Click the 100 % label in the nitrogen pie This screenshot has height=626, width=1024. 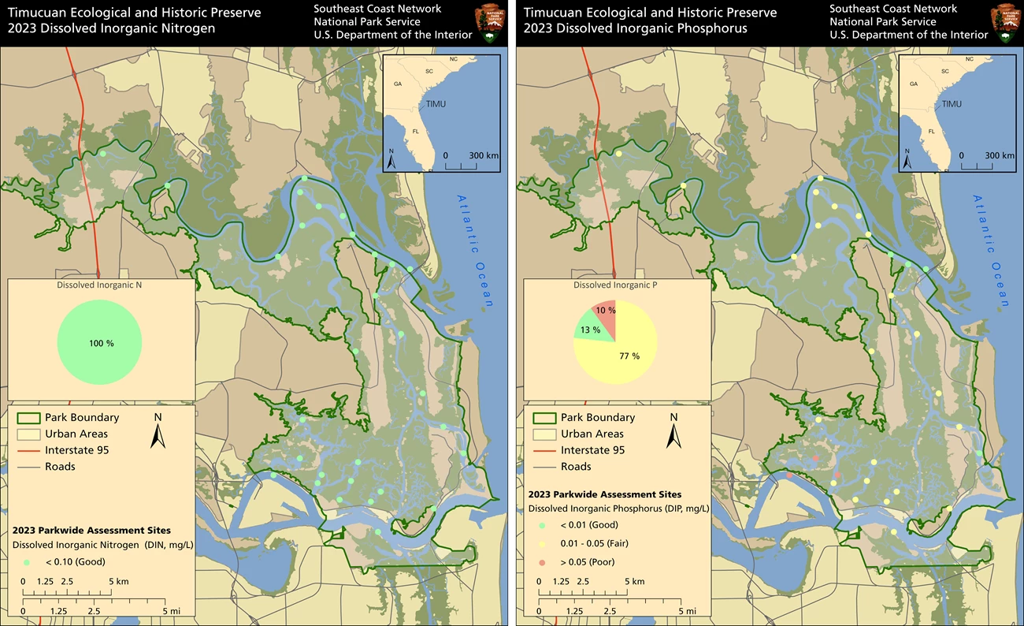pos(100,344)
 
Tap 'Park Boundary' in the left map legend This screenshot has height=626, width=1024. pos(82,417)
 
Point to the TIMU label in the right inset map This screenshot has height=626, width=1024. pos(952,104)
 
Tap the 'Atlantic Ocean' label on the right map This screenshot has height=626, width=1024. pos(992,250)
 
